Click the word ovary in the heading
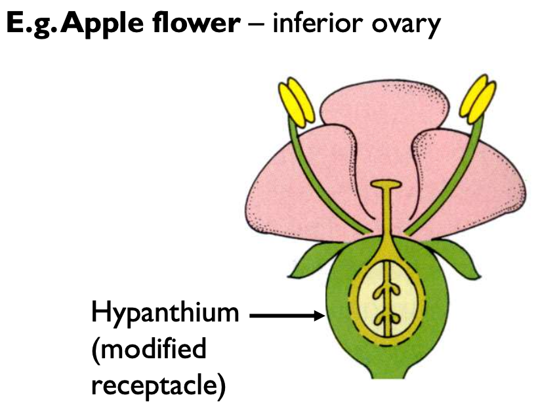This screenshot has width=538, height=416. click(x=406, y=25)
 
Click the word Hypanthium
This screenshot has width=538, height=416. click(x=165, y=314)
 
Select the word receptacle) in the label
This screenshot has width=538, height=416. click(x=158, y=385)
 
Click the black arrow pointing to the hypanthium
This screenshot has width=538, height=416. click(x=289, y=316)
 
